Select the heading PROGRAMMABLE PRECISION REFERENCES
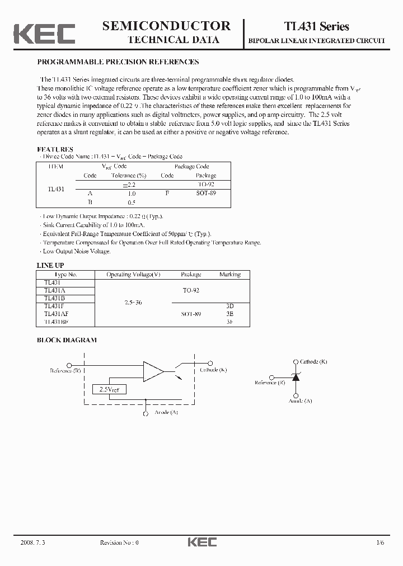118,62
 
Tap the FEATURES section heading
55,149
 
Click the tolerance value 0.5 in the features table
132,202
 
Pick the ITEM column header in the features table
56,167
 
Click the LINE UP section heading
50,265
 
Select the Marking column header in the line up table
229,275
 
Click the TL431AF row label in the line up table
56,314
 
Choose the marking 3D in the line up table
229,306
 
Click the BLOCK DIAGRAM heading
67,339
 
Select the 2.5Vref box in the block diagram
109,389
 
